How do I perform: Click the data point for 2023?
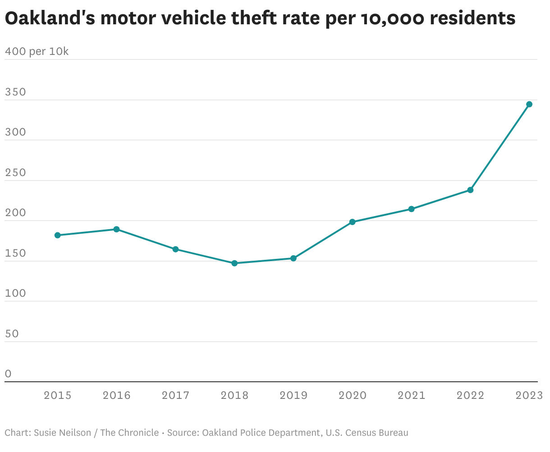coord(529,104)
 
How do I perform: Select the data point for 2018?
coord(234,263)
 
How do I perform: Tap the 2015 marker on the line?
coord(58,235)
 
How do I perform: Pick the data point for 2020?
coord(353,222)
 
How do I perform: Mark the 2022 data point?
coord(470,190)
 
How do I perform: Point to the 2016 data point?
coord(116,229)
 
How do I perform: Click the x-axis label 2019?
coord(293,395)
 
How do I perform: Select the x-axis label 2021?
coord(411,395)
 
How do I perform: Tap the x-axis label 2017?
coord(175,395)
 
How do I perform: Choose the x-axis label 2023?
coord(529,395)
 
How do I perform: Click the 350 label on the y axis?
coord(15,92)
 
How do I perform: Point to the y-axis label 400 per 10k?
coord(37,52)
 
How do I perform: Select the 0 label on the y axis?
coord(8,374)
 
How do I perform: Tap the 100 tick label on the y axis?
coord(15,294)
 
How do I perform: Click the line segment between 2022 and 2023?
coord(500,147)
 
